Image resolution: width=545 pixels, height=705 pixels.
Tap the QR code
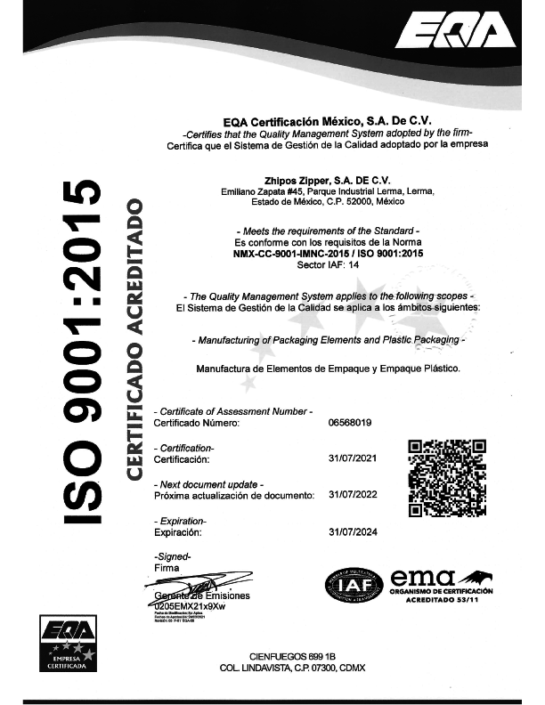(x=446, y=478)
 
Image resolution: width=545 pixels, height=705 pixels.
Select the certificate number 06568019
(x=350, y=424)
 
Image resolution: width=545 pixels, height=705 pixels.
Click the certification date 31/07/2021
(x=354, y=459)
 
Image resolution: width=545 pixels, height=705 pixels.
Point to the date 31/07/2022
(x=354, y=494)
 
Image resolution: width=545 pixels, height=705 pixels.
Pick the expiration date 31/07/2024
(x=354, y=531)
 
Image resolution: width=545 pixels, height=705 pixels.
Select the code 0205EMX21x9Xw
(x=190, y=605)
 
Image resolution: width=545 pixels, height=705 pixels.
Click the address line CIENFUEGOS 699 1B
(x=293, y=654)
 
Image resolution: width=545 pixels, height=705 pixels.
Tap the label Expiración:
(x=178, y=531)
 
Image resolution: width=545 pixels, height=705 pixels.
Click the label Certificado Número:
(x=197, y=424)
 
